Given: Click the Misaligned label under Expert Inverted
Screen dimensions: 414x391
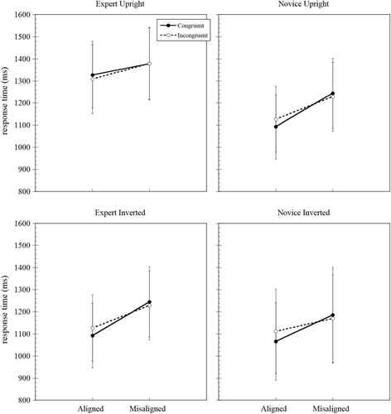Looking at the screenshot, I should (149, 408).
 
